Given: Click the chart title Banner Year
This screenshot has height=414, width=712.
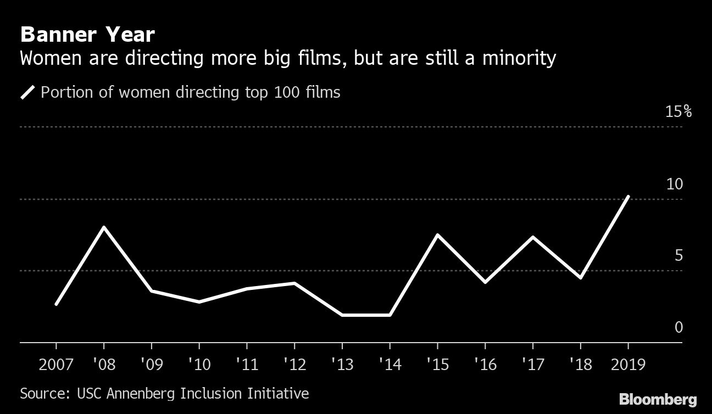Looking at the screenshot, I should click(87, 35).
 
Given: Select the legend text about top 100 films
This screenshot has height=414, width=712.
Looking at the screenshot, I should click(190, 92).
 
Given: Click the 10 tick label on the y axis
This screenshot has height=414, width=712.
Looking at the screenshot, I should click(674, 184).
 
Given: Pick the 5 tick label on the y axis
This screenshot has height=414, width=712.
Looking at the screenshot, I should click(678, 256).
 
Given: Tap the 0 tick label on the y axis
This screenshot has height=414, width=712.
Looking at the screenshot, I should click(678, 328).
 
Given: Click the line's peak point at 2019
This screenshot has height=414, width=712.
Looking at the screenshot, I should click(628, 197).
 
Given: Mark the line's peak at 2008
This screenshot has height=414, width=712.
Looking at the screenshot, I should click(104, 227).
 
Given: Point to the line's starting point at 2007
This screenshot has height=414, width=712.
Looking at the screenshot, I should click(56, 304).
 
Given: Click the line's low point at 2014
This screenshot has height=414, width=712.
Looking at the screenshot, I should click(390, 315).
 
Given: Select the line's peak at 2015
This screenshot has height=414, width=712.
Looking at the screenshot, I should click(437, 235).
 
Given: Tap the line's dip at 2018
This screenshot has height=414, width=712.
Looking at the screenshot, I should click(580, 278).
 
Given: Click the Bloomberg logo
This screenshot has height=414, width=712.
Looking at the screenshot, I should click(658, 399).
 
